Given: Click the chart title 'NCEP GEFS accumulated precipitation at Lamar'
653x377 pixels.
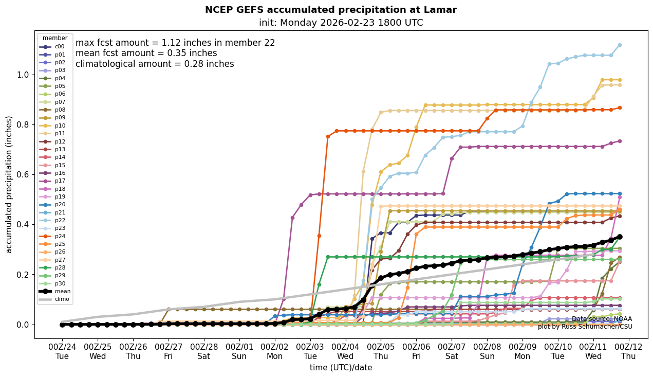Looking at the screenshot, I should pos(330,10).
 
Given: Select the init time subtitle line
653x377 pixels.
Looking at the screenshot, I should pos(341,23).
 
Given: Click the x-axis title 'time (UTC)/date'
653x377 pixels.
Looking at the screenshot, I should pos(341,368).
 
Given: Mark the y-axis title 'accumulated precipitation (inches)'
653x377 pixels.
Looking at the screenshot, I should pos(9,184).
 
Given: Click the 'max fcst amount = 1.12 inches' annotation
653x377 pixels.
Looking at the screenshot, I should pos(175,43).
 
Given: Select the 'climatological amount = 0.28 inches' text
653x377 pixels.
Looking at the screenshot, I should pos(155,64).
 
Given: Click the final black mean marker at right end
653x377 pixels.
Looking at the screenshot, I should pos(620,237).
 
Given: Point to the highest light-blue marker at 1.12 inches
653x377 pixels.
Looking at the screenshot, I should pos(620,45).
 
